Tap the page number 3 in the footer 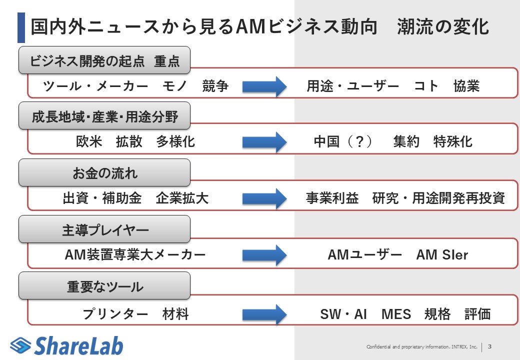(x=489, y=346)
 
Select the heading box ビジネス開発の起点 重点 (x=104, y=60)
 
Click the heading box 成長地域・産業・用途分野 (x=104, y=117)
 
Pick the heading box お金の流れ (x=104, y=173)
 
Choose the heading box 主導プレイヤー (x=104, y=229)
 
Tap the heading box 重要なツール (x=104, y=286)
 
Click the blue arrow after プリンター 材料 (x=264, y=314)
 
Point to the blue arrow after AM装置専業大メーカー (x=264, y=255)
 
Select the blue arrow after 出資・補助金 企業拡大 (x=264, y=198)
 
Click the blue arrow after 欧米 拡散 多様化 (x=264, y=142)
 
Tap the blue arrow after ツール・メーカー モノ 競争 (x=264, y=86)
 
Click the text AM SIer (x=442, y=255)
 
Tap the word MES (x=396, y=314)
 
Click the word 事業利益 (x=332, y=198)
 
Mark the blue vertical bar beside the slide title (x=21, y=27)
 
